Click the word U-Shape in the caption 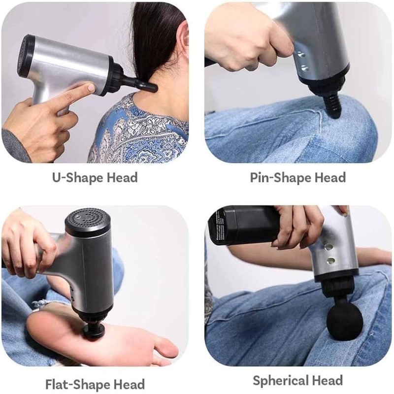78,178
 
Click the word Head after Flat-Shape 129,385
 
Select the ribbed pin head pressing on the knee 332,107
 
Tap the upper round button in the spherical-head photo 328,247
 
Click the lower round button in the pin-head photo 304,68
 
